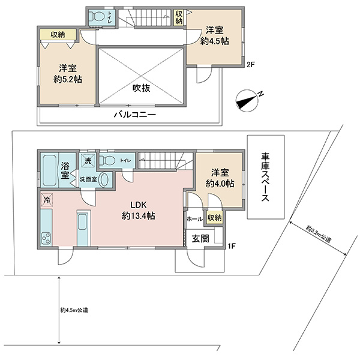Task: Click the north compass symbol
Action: (247, 101)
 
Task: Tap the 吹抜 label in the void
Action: (142, 88)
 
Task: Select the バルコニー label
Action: (135, 115)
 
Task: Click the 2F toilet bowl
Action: (97, 17)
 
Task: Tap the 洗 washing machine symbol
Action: (88, 161)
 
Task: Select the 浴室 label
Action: (65, 171)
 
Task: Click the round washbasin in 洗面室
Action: (105, 180)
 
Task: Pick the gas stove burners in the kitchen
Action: (46, 238)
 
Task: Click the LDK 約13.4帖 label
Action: (139, 211)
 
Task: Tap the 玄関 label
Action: (200, 239)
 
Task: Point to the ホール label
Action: (194, 219)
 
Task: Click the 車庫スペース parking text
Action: (265, 177)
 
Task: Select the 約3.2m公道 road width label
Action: (319, 234)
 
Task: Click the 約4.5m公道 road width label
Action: (74, 310)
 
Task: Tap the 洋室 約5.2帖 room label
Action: (68, 74)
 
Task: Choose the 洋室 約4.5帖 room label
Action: (214, 36)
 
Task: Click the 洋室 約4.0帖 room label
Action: (220, 178)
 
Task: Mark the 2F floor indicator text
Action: (251, 65)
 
